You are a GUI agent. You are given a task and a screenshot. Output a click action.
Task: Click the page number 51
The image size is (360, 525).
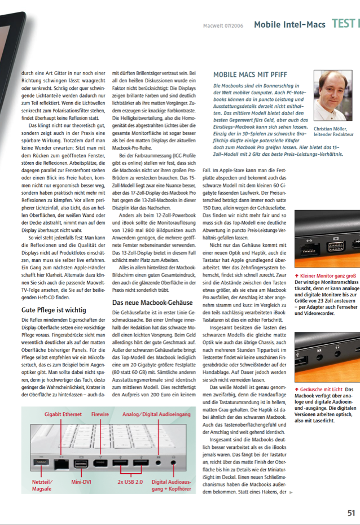coord(350,513)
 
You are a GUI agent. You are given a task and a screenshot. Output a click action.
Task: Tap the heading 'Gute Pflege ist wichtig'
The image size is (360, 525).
coord(54,310)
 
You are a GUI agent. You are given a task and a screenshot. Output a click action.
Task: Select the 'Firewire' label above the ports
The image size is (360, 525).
coord(102,414)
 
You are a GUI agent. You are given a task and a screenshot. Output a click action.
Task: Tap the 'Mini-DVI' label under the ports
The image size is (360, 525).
coord(81,483)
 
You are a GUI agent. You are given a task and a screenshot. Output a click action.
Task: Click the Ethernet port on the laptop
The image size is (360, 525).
coord(60,464)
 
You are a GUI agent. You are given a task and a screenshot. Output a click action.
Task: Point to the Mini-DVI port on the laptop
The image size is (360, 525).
coord(81,463)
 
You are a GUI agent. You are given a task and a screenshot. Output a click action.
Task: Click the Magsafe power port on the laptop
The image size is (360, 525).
coord(41,463)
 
